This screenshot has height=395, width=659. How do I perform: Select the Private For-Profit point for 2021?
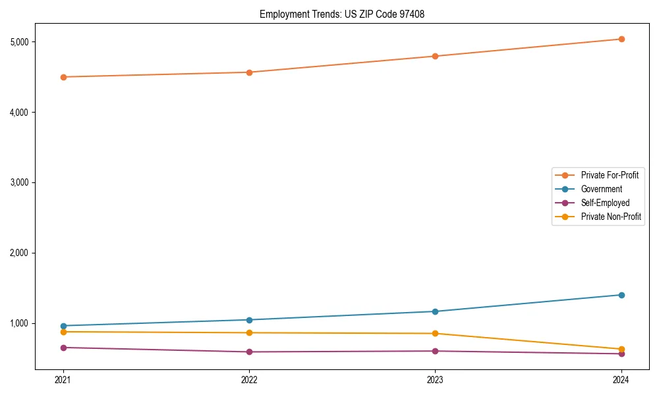[x=63, y=77]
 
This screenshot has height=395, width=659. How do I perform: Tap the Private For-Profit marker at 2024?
[x=621, y=39]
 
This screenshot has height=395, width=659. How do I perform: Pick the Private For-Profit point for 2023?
[x=436, y=56]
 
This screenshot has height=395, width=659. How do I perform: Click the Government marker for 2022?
[x=249, y=320]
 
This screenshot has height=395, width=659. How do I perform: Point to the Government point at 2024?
[x=621, y=295]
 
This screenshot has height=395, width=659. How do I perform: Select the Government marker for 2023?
[x=436, y=311]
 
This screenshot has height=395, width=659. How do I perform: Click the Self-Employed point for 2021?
[x=63, y=348]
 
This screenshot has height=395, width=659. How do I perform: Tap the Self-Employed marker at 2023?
[x=436, y=351]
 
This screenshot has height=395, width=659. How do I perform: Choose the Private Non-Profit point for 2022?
[x=249, y=332]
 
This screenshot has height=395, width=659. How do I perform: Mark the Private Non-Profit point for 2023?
[x=436, y=333]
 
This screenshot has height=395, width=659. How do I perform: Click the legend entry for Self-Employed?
[x=605, y=203]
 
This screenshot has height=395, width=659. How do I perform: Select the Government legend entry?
[x=601, y=189]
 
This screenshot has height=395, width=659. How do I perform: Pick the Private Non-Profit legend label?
[x=611, y=217]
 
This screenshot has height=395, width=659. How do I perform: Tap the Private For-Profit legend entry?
[x=610, y=175]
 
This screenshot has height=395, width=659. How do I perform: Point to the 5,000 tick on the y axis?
[x=23, y=42]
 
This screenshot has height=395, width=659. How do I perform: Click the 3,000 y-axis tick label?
[x=23, y=182]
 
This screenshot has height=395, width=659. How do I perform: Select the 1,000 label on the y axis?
[x=23, y=323]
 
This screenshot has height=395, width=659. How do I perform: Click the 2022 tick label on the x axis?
[x=249, y=380]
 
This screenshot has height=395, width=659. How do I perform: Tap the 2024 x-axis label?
[x=621, y=380]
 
